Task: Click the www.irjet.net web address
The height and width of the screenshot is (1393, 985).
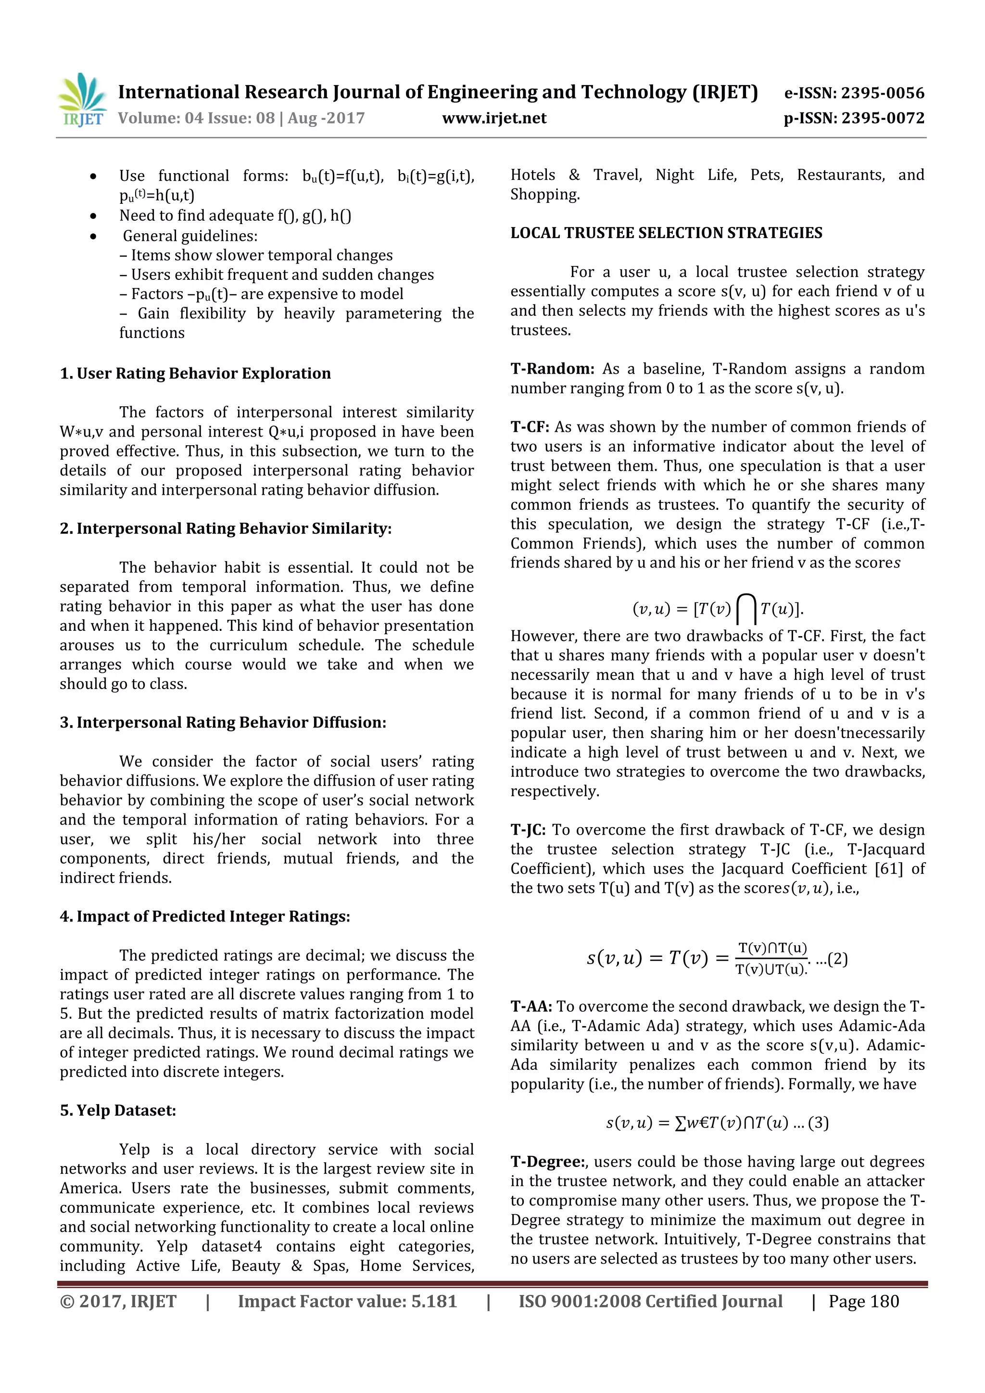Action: pyautogui.click(x=494, y=118)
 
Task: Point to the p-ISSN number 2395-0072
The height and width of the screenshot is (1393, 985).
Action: pyautogui.click(x=884, y=118)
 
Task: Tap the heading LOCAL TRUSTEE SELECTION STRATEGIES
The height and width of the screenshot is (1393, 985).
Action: pyautogui.click(x=666, y=233)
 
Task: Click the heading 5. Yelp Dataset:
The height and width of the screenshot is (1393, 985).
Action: pyautogui.click(x=118, y=1110)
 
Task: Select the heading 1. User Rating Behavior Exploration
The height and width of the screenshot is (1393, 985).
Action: pyautogui.click(x=195, y=373)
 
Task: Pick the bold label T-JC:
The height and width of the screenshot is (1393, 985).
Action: pyautogui.click(x=528, y=829)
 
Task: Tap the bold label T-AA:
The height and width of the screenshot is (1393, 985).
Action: pyautogui.click(x=531, y=1006)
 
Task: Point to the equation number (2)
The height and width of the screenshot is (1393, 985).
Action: pyautogui.click(x=837, y=959)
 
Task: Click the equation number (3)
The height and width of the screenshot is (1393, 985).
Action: pyautogui.click(x=818, y=1123)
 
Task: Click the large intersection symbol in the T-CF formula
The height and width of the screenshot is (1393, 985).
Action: pyautogui.click(x=746, y=609)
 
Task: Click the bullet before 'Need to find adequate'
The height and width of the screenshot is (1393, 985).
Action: pyautogui.click(x=93, y=216)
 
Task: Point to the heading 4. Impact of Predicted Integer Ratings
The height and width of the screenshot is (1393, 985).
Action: pyautogui.click(x=204, y=916)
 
